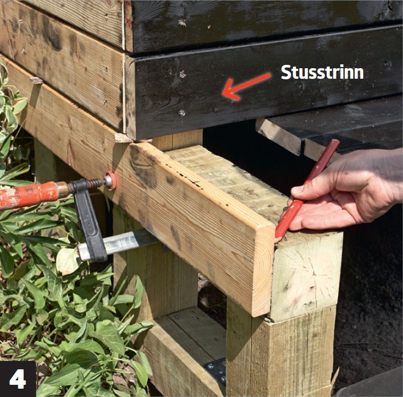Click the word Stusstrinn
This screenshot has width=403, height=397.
[322, 72]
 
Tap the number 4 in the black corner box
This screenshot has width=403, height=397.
[18, 379]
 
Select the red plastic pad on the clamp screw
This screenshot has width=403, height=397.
[111, 180]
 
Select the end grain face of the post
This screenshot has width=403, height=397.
[306, 276]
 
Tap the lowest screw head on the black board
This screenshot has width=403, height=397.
[182, 113]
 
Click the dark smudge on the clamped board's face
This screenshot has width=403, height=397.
[144, 167]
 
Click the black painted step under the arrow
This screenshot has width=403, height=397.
[265, 85]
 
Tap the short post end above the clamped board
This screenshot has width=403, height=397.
[177, 140]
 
